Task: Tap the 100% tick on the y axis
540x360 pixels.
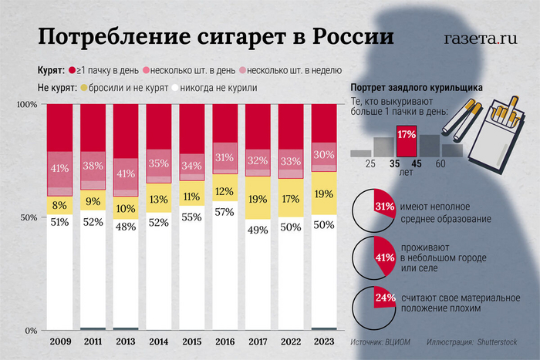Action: (26, 104)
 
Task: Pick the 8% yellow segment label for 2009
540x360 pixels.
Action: (59, 206)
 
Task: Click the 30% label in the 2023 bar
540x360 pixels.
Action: (324, 154)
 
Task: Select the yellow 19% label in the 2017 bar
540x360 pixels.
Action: (258, 198)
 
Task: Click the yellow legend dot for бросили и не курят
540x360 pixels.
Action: (83, 88)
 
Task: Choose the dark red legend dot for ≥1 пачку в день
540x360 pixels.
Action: (72, 70)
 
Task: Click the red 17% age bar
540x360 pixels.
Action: (407, 143)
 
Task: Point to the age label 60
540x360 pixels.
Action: (440, 164)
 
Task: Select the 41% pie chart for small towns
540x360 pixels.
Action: (374, 256)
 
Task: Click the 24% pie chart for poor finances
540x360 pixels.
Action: (374, 302)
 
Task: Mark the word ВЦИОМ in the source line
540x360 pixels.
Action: (396, 340)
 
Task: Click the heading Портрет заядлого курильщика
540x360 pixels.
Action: (417, 88)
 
